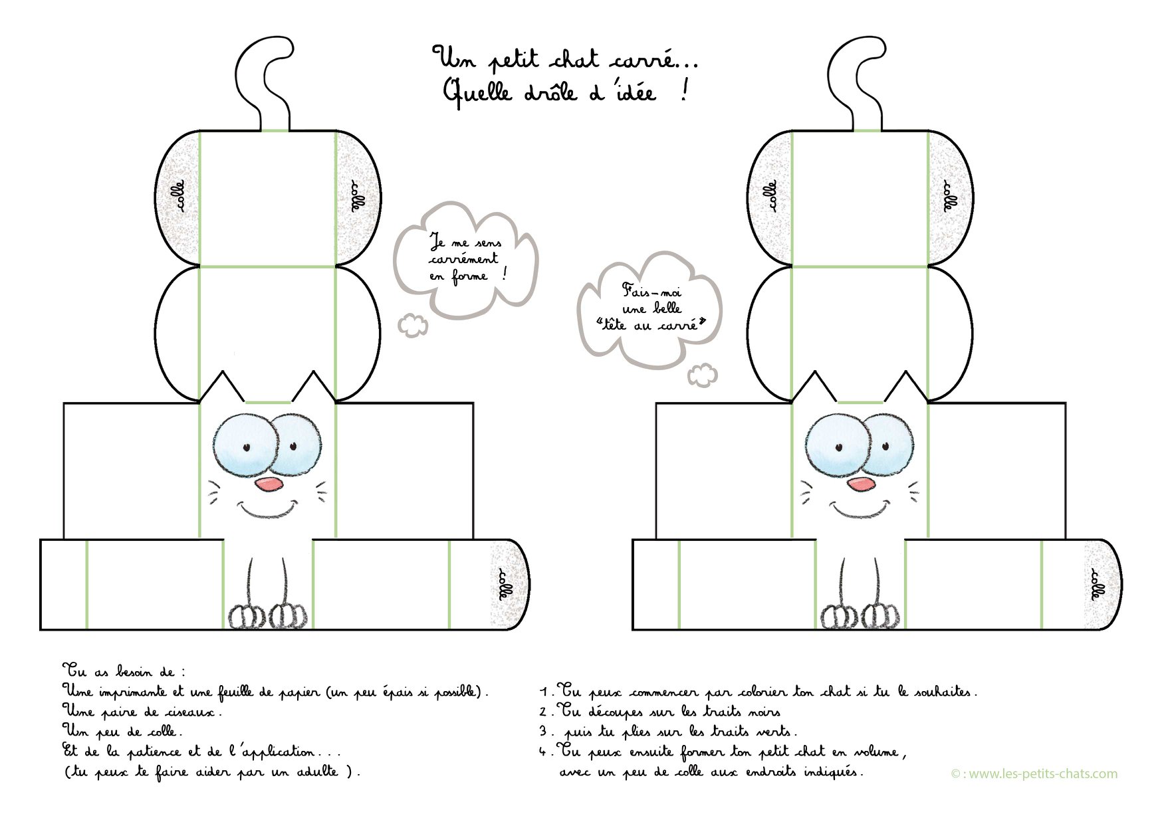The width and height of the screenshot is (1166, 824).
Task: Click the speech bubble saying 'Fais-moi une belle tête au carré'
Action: (650, 309)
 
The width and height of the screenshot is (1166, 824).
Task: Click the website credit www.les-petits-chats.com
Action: (1034, 773)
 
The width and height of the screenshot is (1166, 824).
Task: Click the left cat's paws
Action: (267, 615)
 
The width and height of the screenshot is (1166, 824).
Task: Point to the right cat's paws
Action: (860, 615)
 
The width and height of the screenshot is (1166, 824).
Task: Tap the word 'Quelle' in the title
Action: (478, 91)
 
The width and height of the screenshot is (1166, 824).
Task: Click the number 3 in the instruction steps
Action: (543, 732)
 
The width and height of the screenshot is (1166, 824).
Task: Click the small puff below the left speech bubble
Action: (413, 325)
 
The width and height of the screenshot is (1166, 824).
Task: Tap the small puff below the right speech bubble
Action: (703, 375)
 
